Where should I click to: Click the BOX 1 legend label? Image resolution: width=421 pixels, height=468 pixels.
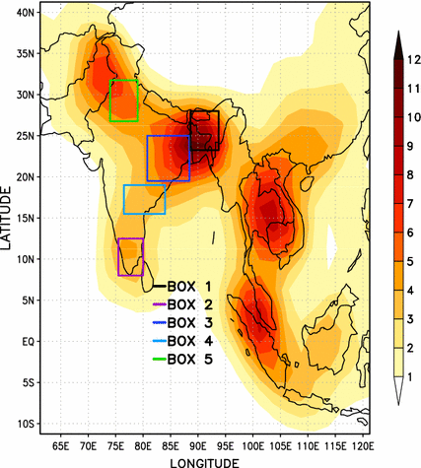189,287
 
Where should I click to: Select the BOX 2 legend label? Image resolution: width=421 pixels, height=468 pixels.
190,304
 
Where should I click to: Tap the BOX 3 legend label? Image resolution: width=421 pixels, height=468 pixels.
190,323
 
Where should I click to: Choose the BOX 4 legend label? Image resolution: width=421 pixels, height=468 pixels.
190,341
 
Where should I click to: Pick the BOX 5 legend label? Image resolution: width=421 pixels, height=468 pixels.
190,360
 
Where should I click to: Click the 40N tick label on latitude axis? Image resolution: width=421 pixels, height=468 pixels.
25,13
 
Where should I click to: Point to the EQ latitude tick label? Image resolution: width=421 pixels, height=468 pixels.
28,342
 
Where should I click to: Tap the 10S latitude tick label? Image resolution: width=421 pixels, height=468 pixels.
26,424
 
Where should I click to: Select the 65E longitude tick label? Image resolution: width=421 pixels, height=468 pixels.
61,446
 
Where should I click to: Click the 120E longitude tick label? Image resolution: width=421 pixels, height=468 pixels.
363,446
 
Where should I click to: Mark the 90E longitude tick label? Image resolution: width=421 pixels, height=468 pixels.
198,446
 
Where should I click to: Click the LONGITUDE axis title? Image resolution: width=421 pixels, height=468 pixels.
204,463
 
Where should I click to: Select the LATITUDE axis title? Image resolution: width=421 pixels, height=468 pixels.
6,218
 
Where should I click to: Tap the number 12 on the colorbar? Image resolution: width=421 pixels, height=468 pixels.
414,60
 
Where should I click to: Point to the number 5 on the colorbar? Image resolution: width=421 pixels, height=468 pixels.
410,262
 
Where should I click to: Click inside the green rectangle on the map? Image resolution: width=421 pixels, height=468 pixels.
124,100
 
